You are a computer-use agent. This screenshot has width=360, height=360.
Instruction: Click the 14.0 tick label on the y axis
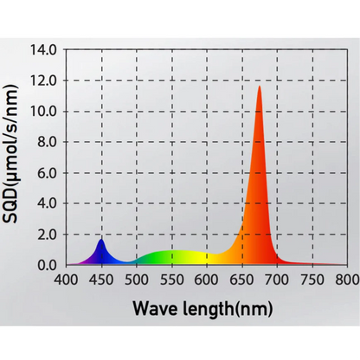coord(46,50)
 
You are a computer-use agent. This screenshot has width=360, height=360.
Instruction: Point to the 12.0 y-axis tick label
coord(46,80)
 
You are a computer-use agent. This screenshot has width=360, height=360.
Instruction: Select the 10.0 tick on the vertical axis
coord(46,112)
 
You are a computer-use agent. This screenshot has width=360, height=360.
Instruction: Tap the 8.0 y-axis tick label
coord(48,142)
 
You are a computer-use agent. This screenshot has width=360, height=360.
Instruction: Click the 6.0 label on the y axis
coord(48,173)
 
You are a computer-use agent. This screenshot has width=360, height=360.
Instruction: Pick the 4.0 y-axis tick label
coord(48,203)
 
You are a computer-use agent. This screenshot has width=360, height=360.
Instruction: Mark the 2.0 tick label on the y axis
coord(48,235)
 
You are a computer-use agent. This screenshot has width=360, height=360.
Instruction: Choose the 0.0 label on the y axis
coord(48,265)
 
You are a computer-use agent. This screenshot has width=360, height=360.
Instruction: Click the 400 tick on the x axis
coord(67,280)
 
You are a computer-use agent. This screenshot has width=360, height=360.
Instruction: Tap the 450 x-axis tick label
coord(102,280)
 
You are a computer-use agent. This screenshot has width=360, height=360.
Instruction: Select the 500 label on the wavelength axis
coord(137,280)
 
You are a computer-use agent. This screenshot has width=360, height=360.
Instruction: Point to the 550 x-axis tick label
coord(172,280)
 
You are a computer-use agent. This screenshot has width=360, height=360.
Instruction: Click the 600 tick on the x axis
coord(207,280)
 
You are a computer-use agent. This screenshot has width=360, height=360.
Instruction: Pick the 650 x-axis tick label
coord(242,280)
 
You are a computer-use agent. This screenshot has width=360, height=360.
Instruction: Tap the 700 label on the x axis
coord(277,280)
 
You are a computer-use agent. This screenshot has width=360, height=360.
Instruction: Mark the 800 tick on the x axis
coord(345,280)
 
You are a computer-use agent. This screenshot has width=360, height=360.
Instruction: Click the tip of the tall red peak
coord(259,87)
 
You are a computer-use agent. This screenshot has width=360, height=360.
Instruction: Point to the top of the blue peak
coord(101,239)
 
